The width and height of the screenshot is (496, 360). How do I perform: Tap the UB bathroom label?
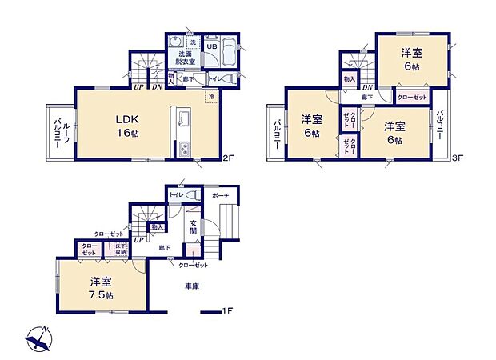point(211,46)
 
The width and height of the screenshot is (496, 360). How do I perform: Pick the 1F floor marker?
point(228,310)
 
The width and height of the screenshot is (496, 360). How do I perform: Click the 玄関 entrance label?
point(194,229)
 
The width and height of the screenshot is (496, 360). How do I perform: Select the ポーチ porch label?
point(221,195)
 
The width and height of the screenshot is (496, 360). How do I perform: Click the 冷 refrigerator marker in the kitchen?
point(212,97)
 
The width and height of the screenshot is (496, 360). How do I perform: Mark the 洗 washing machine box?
point(192,42)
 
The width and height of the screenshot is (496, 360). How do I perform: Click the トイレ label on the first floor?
point(177,195)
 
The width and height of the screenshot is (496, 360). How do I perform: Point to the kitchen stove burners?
point(182,148)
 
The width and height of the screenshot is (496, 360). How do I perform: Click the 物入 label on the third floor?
point(350,79)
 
